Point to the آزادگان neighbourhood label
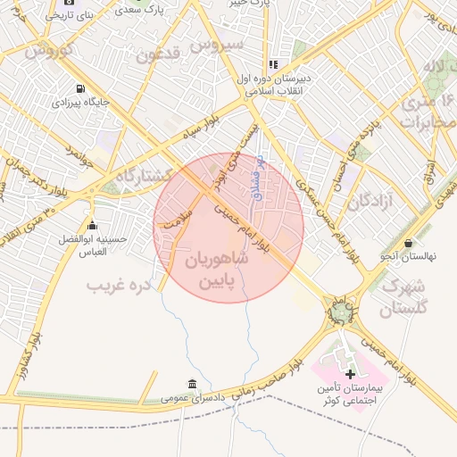click(x=371, y=202)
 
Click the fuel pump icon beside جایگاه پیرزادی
click(x=81, y=88)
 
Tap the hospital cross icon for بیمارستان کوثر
click(x=350, y=374)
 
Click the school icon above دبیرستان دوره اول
click(x=273, y=64)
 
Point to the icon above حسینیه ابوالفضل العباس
click(x=92, y=225)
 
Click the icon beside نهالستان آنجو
click(x=409, y=243)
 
